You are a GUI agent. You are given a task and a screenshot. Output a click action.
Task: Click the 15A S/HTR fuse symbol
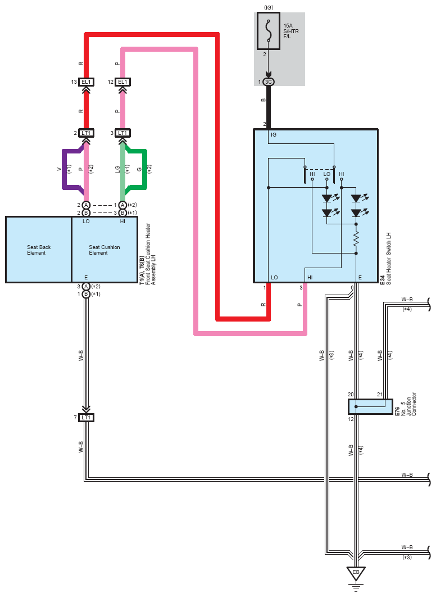pyautogui.click(x=269, y=31)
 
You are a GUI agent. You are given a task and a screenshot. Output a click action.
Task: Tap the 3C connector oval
pyautogui.click(x=269, y=82)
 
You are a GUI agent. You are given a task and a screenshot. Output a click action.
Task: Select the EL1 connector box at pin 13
pyautogui.click(x=87, y=82)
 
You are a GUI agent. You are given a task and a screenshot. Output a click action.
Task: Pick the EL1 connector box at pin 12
pyautogui.click(x=122, y=82)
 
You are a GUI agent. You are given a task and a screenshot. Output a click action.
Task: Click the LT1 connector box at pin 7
pyautogui.click(x=87, y=418)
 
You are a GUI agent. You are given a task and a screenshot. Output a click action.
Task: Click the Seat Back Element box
pyautogui.click(x=39, y=250)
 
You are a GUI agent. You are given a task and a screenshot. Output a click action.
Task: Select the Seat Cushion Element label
pyautogui.click(x=105, y=250)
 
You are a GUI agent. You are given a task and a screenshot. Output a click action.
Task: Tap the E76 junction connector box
pyautogui.click(x=371, y=406)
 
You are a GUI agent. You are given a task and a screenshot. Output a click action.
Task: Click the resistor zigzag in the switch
pyautogui.click(x=356, y=239)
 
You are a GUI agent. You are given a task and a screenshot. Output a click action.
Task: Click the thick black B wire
pyautogui.click(x=269, y=107)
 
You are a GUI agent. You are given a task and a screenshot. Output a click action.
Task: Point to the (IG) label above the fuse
pyautogui.click(x=269, y=8)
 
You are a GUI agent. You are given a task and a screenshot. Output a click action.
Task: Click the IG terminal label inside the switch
pyautogui.click(x=274, y=135)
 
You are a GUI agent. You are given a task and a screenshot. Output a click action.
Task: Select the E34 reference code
pyautogui.click(x=383, y=279)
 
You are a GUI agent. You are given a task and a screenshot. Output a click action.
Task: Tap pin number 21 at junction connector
pyautogui.click(x=380, y=395)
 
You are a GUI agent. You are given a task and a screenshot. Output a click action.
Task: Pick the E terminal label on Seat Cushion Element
pyautogui.click(x=86, y=278)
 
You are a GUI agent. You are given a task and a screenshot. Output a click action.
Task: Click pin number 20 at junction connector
pyautogui.click(x=351, y=395)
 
